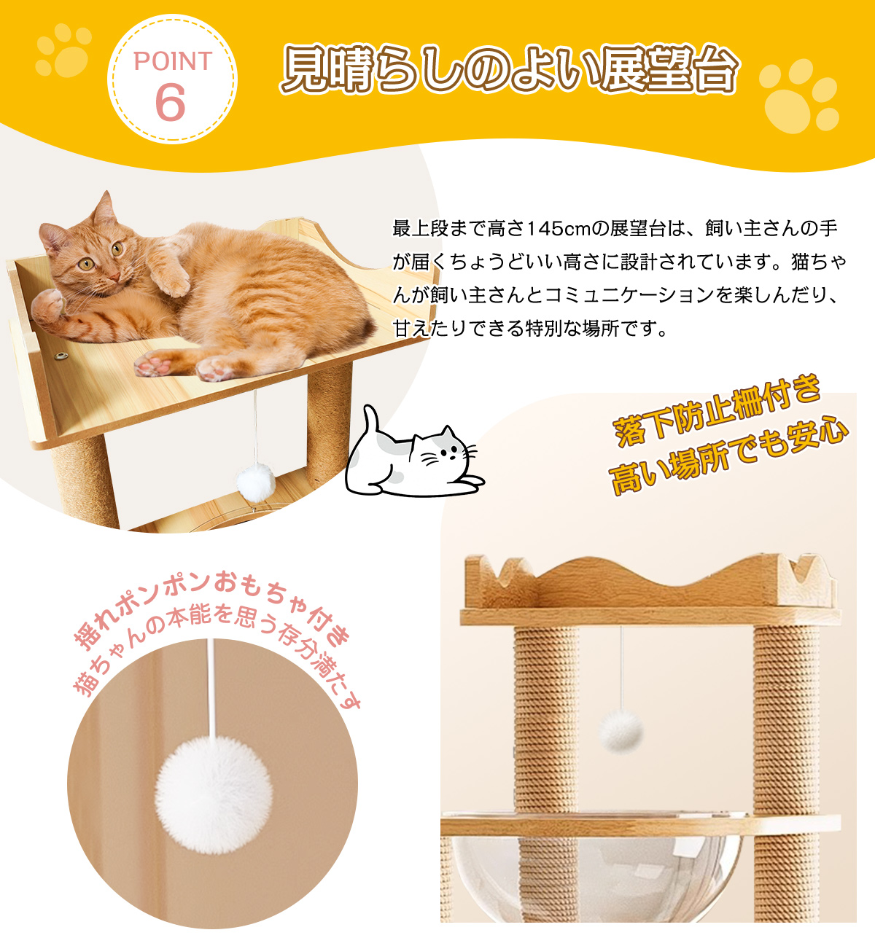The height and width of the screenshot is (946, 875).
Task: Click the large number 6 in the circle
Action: pos(170,103)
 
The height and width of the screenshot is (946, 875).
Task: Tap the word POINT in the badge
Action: pos(173,61)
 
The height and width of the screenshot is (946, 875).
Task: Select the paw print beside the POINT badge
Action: pos(63,50)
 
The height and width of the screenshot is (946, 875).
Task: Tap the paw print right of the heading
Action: pos(798,95)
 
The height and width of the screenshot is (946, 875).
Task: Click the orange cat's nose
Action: pos(114,275)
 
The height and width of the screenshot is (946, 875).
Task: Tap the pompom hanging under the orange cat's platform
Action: pos(256,482)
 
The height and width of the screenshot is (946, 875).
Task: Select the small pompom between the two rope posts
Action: pos(621,731)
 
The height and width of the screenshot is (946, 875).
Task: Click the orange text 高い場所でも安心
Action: pos(728,455)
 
